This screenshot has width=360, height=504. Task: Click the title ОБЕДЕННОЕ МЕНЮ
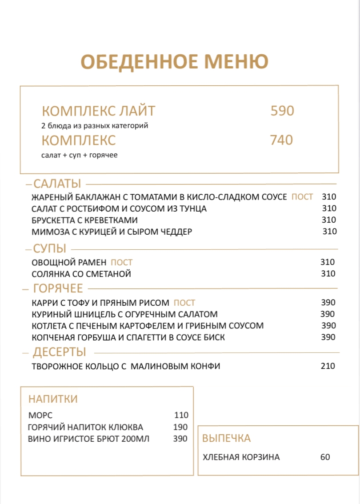click(174, 61)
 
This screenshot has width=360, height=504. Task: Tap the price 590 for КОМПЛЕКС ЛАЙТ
click(282, 111)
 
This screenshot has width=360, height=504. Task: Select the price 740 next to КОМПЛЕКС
click(282, 140)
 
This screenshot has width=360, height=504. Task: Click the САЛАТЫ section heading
click(57, 184)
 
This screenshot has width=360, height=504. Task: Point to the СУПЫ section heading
click(50, 248)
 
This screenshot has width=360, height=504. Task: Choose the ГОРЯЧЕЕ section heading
click(58, 289)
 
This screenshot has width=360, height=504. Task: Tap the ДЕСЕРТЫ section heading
click(60, 352)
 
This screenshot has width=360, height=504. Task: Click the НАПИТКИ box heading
click(53, 399)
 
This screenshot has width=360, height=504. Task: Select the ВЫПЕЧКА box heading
click(226, 438)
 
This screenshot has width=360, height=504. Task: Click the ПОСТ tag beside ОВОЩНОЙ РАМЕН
click(121, 263)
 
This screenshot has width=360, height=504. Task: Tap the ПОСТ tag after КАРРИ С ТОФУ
click(184, 303)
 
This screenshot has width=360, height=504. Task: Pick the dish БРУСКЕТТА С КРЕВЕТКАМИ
click(85, 220)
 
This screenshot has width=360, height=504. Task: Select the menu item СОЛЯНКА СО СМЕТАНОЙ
click(81, 274)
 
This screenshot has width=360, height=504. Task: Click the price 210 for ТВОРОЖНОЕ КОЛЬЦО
click(328, 367)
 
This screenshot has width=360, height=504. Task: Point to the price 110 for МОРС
click(181, 416)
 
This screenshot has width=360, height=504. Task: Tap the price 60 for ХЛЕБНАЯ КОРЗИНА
click(325, 457)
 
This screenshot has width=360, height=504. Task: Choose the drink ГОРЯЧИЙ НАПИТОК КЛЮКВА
click(85, 428)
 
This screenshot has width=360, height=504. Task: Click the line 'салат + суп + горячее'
click(79, 155)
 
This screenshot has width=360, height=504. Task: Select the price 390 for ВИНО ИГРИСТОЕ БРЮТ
click(180, 439)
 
